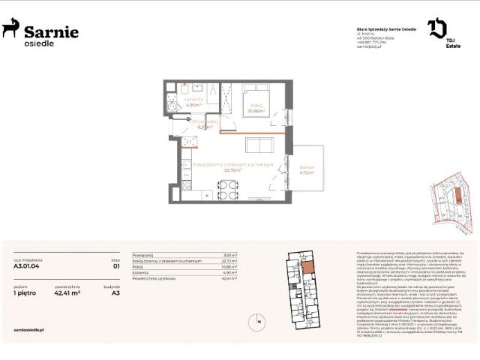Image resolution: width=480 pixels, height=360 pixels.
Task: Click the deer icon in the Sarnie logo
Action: [x=11, y=28]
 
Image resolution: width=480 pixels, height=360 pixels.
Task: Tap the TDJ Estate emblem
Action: [x=437, y=29]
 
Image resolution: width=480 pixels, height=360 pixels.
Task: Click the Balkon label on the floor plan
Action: [x=306, y=169]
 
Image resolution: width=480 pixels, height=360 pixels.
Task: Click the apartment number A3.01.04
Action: [x=27, y=265]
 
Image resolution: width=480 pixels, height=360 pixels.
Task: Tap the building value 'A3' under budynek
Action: [x=115, y=293]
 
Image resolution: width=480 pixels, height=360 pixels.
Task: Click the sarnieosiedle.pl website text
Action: [x=31, y=328]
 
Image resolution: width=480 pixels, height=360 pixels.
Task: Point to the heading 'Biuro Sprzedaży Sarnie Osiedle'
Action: [x=380, y=28]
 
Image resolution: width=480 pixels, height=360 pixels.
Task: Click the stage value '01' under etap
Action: [x=115, y=265]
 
